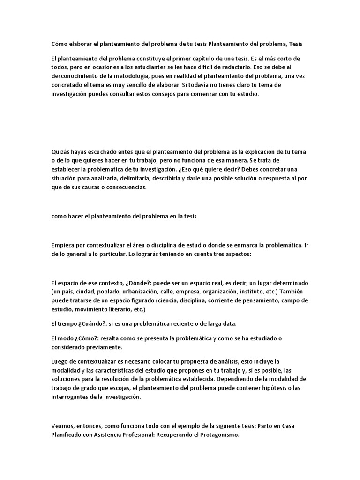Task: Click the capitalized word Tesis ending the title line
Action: [x=296, y=44]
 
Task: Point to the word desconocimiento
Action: [x=76, y=76]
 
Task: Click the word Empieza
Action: [x=63, y=245]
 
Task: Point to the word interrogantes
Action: [x=71, y=397]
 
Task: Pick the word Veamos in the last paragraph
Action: [x=63, y=426]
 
